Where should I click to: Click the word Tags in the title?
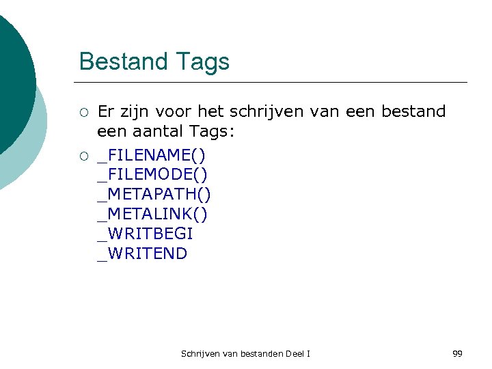tap(202, 62)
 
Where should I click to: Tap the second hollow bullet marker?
tap(83, 157)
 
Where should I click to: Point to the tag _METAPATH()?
tap(154, 195)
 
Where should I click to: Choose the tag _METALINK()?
tap(152, 215)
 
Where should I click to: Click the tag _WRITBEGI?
tap(146, 234)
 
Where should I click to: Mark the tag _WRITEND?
tap(142, 254)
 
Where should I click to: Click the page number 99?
tap(457, 353)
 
